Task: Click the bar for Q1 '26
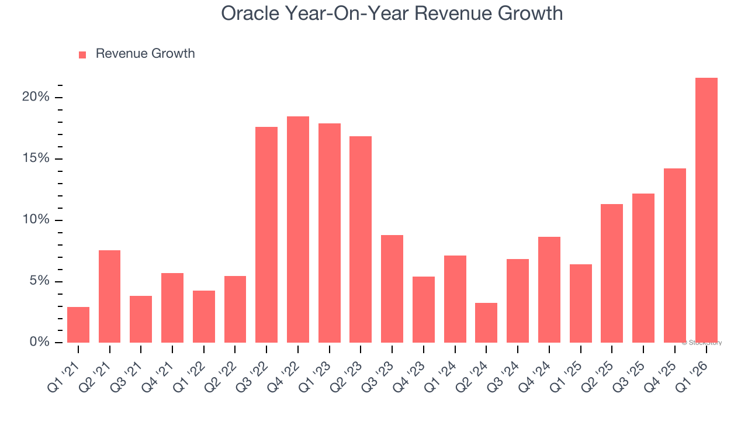click(x=706, y=210)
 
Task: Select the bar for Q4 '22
click(x=298, y=229)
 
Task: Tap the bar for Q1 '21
click(x=78, y=325)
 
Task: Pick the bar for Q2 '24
click(x=486, y=322)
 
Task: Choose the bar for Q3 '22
click(x=266, y=234)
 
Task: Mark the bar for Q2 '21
click(x=110, y=296)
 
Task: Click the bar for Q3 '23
click(x=392, y=289)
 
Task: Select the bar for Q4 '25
click(x=675, y=256)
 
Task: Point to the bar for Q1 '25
click(x=581, y=303)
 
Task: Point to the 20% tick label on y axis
click(x=36, y=97)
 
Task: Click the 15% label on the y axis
click(x=36, y=159)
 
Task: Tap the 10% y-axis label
click(x=36, y=220)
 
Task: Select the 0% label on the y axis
click(x=39, y=342)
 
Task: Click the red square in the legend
click(x=82, y=55)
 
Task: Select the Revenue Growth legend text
click(x=145, y=54)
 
